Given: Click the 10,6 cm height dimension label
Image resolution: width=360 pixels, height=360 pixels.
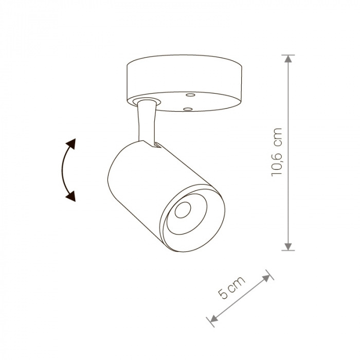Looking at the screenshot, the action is click(x=277, y=152).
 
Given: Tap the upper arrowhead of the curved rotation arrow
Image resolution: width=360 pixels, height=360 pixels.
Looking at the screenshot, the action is click(x=71, y=143).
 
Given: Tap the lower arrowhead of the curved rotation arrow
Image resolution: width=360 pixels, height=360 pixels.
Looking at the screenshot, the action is click(x=71, y=196).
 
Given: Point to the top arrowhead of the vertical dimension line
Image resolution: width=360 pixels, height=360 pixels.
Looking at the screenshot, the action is click(x=288, y=59).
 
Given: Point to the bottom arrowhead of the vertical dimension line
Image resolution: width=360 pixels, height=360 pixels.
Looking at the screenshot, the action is click(x=288, y=246).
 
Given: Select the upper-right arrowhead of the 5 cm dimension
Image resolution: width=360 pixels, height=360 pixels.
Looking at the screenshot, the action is click(x=266, y=278).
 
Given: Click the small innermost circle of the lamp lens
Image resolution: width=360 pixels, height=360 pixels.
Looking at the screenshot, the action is click(x=183, y=210).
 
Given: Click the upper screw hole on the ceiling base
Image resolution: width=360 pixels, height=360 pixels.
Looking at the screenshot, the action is click(x=190, y=95).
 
